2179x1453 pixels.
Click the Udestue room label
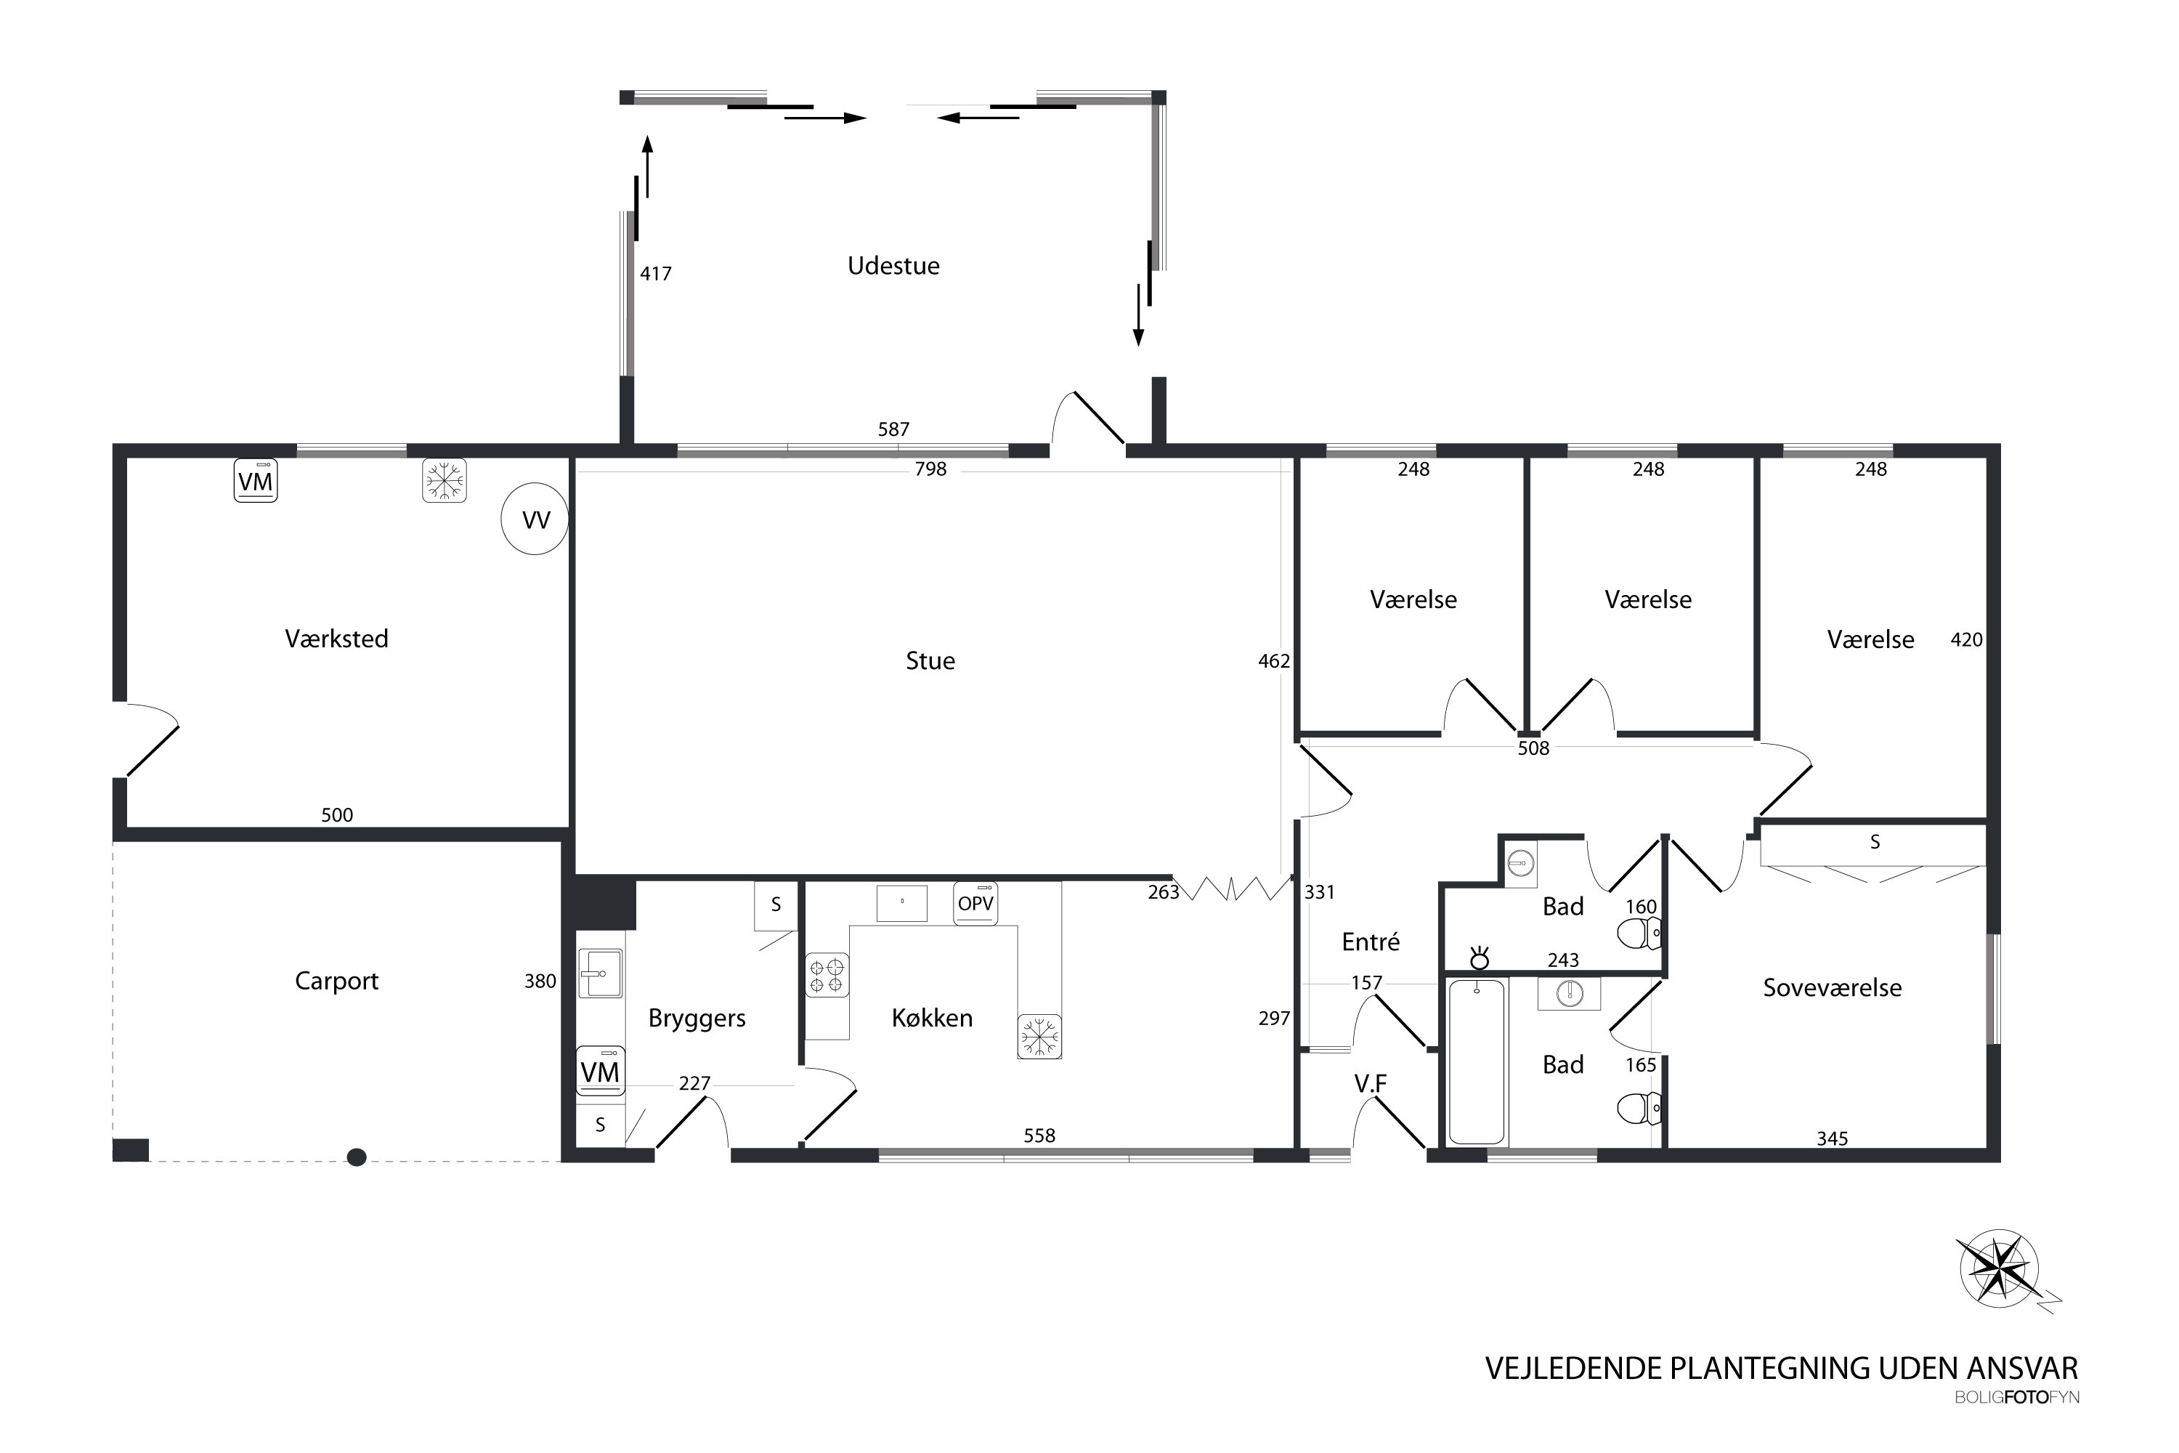click(x=893, y=266)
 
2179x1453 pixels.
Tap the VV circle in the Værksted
click(x=535, y=520)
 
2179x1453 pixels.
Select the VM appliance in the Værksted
click(x=256, y=481)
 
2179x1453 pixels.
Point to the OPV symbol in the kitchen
click(x=975, y=904)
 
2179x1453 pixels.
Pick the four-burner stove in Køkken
click(x=827, y=975)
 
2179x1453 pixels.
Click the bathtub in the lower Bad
click(x=1477, y=1063)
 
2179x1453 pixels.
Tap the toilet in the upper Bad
click(x=1639, y=934)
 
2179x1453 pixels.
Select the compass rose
click(x=2003, y=1268)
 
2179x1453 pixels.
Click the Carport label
click(x=336, y=982)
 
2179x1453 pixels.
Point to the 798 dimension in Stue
click(x=930, y=469)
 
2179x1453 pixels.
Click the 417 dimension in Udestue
click(x=655, y=273)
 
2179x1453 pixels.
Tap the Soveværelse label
click(x=1832, y=988)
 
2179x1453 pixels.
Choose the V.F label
click(x=1370, y=1083)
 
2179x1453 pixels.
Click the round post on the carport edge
click(x=357, y=1157)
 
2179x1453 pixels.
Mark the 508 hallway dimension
click(x=1533, y=748)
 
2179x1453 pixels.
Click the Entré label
click(x=1370, y=942)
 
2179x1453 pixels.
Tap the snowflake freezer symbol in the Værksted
click(x=444, y=481)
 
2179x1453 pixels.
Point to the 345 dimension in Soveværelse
click(x=1832, y=1139)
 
